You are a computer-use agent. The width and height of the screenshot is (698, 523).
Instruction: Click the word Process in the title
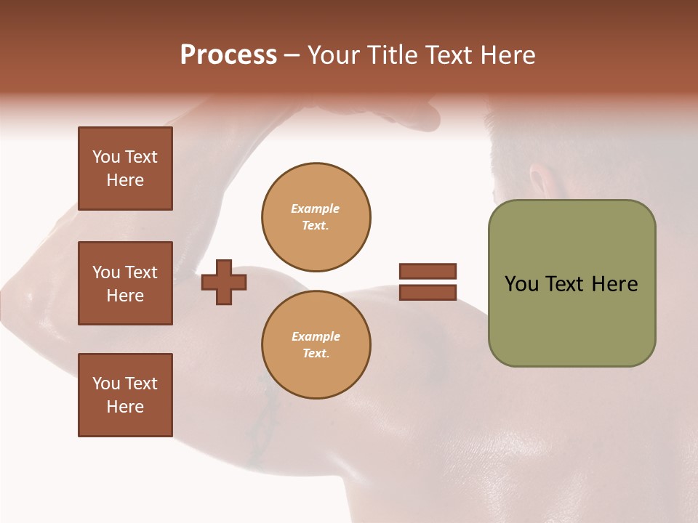[228, 55]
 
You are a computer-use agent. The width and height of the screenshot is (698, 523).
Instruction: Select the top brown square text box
[125, 169]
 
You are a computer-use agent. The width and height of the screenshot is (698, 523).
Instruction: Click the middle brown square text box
[125, 283]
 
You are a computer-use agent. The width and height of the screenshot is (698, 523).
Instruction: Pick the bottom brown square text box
[125, 394]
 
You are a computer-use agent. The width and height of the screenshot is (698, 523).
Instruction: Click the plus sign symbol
[224, 282]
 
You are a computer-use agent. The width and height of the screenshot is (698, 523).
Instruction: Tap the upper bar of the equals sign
[428, 271]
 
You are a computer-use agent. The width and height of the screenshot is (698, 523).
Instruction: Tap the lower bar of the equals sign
[428, 293]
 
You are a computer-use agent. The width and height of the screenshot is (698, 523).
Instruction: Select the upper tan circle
[316, 217]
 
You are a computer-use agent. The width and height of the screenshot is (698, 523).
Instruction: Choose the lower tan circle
[316, 345]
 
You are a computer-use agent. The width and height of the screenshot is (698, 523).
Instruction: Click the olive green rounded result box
[571, 283]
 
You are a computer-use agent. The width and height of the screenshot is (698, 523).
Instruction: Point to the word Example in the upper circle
[315, 208]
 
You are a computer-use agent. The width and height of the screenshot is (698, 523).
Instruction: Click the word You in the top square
[106, 157]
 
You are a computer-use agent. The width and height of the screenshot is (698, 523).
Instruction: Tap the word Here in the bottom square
[125, 407]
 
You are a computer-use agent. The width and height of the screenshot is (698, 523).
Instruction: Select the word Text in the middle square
[141, 272]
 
